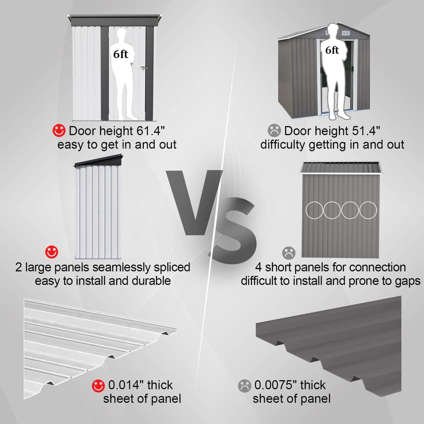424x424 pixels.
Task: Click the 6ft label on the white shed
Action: (120, 54)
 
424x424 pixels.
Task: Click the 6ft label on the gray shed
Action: (332, 50)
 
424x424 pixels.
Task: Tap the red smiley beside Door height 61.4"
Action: (59, 130)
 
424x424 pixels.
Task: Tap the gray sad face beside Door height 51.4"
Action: (274, 130)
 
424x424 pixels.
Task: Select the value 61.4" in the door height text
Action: (150, 131)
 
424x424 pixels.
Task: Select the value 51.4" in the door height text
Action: (366, 131)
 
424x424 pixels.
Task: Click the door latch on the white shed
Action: (144, 68)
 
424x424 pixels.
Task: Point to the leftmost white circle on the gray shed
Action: (314, 210)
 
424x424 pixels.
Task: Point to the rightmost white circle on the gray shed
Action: (368, 210)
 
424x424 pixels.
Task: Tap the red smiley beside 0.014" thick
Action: (98, 386)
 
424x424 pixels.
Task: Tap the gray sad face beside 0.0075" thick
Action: (245, 386)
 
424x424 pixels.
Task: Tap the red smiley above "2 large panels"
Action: (52, 252)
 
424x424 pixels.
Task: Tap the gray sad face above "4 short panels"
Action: (289, 253)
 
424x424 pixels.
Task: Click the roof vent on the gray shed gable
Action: (346, 33)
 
